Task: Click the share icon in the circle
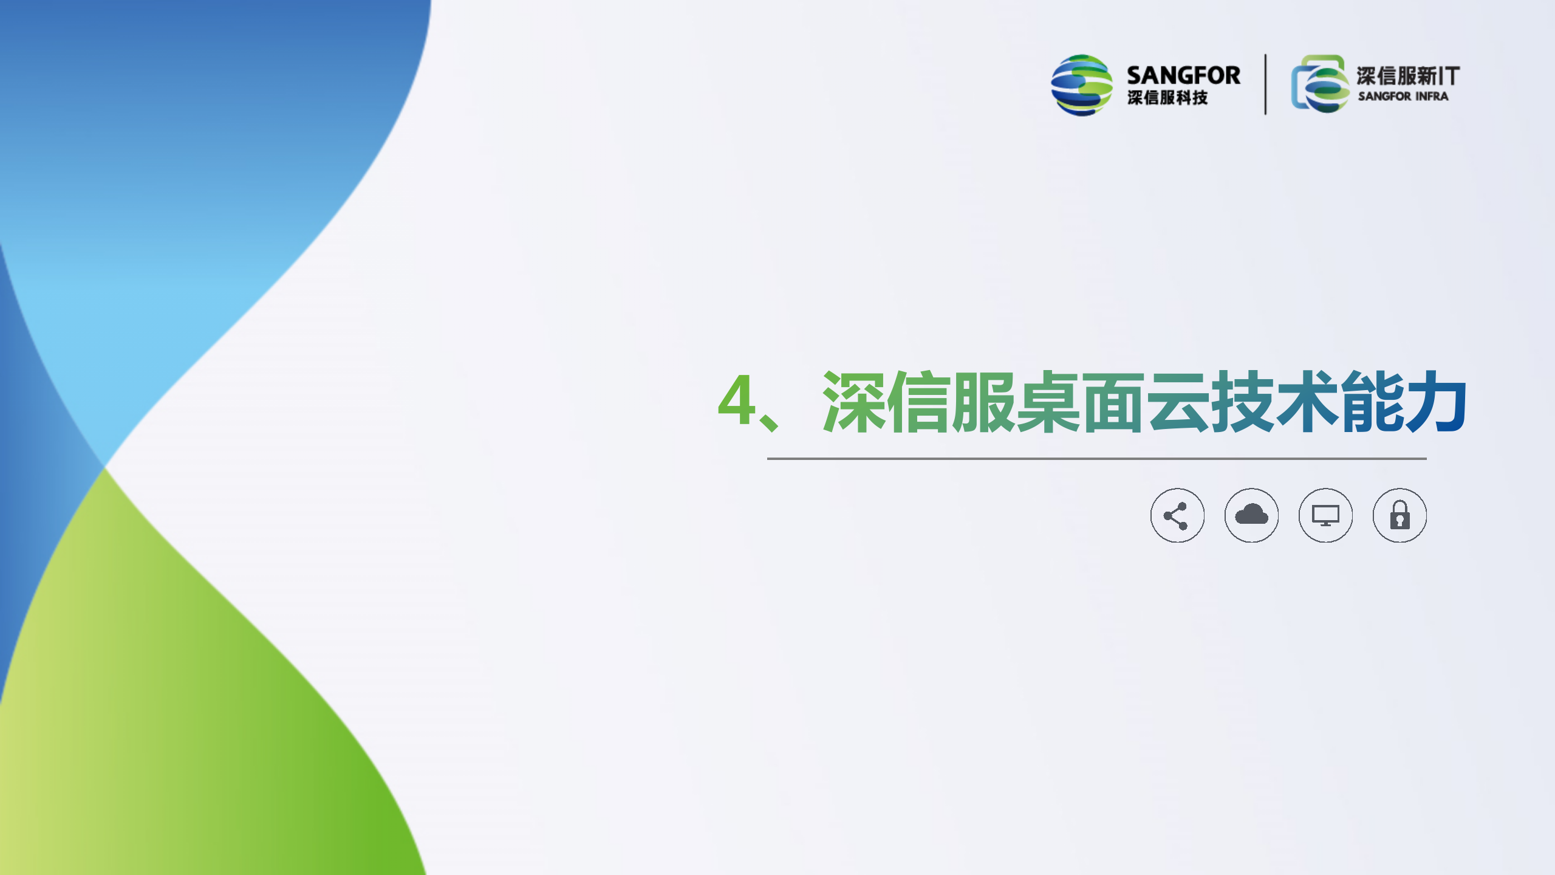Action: pos(1177,515)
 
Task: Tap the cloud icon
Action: pos(1251,515)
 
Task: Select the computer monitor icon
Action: pos(1325,515)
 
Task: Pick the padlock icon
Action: pos(1399,515)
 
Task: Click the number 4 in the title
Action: pos(736,400)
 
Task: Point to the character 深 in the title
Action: pos(853,401)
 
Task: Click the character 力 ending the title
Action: pos(1435,401)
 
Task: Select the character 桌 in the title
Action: pos(1047,401)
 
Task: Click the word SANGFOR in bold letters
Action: pos(1183,75)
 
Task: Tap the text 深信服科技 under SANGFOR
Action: pos(1167,98)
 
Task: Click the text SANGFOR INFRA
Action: pos(1403,96)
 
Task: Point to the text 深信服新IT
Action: pos(1408,76)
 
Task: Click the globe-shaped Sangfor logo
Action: pos(1082,85)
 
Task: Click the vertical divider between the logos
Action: pos(1265,84)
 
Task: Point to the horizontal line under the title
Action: pos(1096,459)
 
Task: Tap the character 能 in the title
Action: pos(1370,401)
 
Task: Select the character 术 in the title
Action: pos(1306,401)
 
